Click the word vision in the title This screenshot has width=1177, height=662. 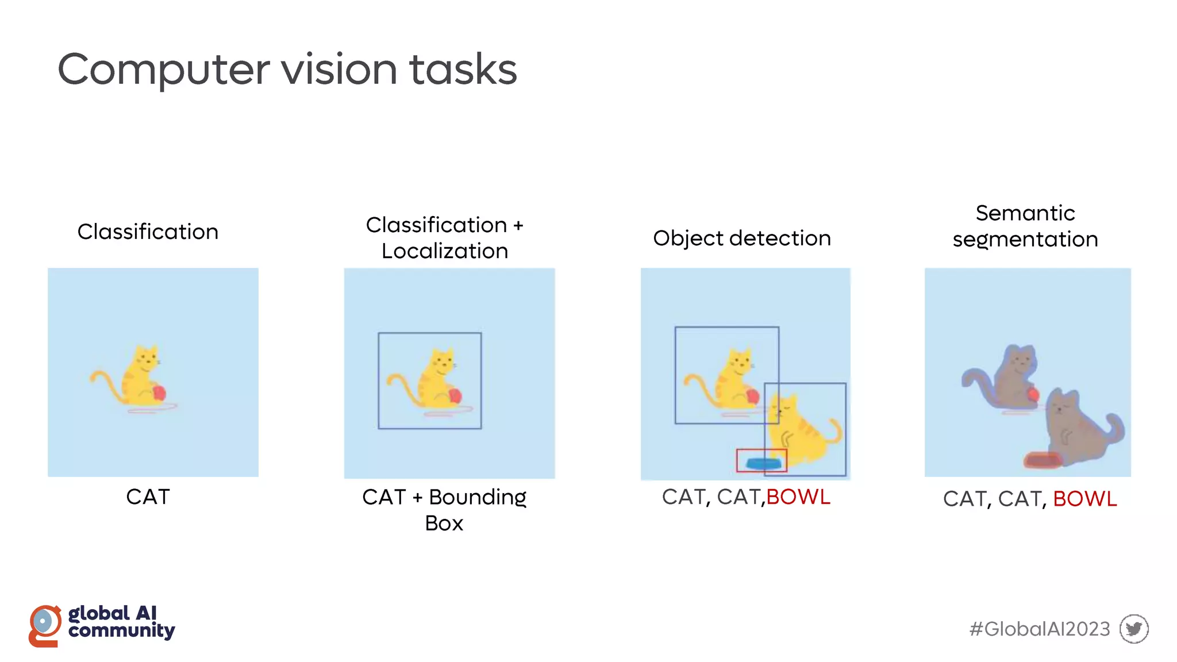339,70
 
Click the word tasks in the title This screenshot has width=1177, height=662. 463,70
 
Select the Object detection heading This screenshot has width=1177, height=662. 742,238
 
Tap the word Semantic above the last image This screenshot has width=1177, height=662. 1025,213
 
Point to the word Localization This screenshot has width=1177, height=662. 445,251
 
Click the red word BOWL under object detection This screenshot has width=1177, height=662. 798,497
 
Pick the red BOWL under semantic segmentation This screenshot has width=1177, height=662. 1085,499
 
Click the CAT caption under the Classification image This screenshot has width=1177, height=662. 148,497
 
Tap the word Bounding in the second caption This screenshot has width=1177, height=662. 478,498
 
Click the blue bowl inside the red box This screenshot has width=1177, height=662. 763,463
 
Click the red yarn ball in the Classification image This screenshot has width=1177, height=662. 159,393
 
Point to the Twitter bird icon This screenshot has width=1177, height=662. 1134,629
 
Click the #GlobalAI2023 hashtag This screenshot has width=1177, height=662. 1040,629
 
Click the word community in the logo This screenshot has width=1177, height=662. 121,630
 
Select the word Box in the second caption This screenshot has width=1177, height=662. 444,524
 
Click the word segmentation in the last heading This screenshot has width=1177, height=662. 1025,240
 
